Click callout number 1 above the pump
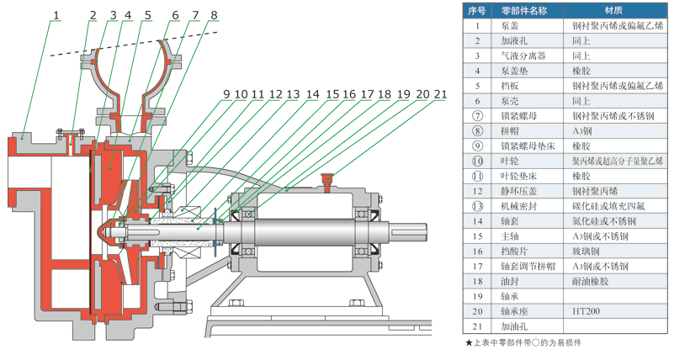[x=56, y=14]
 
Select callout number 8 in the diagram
[x=214, y=14]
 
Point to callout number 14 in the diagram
[x=312, y=93]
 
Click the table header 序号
[x=477, y=11]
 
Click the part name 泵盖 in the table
[x=510, y=25]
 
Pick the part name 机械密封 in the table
[x=517, y=206]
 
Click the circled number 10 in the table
[x=477, y=161]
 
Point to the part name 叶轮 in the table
[x=510, y=161]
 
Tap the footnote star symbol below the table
[x=469, y=342]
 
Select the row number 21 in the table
[x=477, y=326]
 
